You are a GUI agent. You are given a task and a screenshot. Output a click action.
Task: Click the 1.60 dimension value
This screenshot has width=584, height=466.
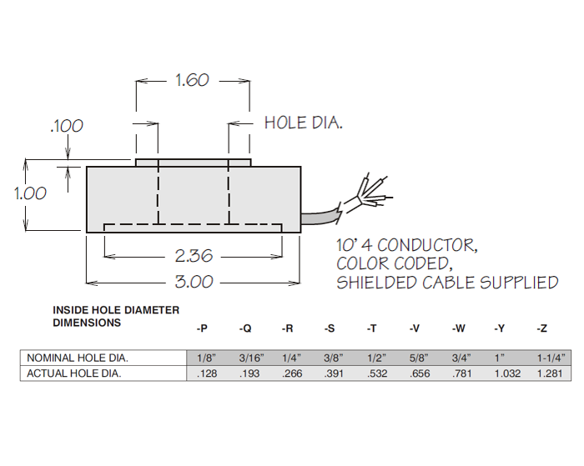192,81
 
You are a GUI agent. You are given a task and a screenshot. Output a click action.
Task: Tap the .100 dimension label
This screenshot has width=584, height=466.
67,126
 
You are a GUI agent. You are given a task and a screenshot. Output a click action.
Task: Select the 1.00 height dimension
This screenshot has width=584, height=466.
30,193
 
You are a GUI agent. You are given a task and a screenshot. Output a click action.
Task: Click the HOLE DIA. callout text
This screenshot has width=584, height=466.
304,123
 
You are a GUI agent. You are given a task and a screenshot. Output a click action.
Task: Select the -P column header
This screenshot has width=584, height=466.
202,329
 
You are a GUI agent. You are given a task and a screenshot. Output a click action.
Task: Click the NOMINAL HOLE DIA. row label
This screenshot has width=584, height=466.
78,358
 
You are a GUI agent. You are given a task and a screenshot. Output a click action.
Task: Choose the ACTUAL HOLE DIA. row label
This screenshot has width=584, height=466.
74,373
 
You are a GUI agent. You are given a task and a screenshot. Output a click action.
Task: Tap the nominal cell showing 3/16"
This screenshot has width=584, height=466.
250,358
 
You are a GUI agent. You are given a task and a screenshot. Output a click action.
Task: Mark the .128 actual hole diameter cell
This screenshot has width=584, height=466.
206,373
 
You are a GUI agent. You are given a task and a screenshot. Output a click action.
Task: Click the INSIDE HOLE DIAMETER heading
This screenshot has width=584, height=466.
116,310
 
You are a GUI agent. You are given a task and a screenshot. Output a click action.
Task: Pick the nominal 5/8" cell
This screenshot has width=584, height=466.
419,358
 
